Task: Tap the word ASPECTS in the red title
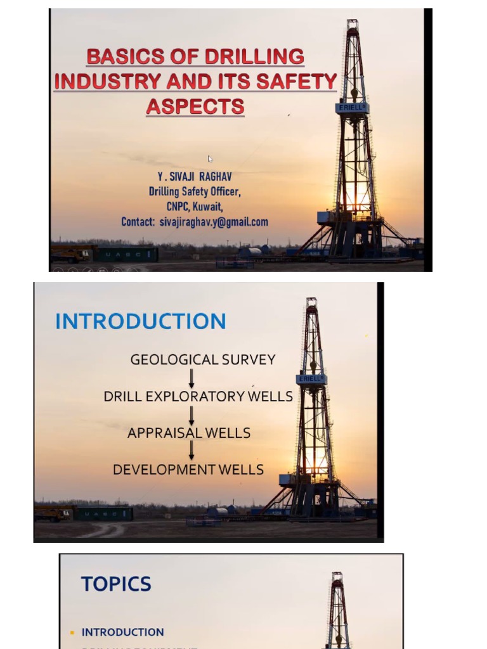[195, 106]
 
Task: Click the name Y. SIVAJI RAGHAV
[195, 177]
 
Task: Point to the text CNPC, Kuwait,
[195, 207]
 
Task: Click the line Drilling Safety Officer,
[195, 191]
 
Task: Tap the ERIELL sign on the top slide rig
[352, 108]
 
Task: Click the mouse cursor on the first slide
[211, 159]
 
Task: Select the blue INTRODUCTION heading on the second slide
[140, 321]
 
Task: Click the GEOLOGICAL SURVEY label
[203, 360]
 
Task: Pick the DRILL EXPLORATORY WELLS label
[198, 397]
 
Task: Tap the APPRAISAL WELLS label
[189, 434]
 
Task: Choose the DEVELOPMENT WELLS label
[188, 470]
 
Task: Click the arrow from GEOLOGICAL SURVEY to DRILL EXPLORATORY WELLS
[192, 378]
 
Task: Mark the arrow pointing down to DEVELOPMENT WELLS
[192, 451]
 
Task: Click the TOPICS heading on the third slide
[116, 584]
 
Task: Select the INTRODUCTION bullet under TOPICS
[123, 632]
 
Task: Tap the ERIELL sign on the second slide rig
[311, 379]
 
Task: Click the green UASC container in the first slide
[126, 255]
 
